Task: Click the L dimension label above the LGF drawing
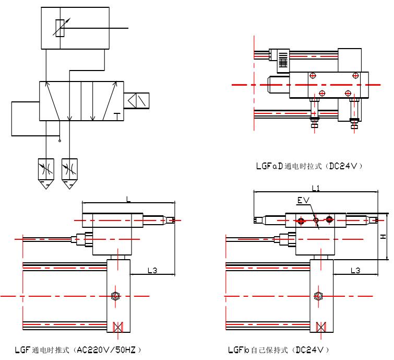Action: point(128,199)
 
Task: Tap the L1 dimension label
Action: point(316,188)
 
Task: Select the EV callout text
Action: point(303,201)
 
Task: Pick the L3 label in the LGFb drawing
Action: point(355,270)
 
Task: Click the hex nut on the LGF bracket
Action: point(115,297)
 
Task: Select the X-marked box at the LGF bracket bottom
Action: point(117,327)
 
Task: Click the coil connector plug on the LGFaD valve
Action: point(283,59)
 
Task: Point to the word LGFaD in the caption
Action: point(269,166)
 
